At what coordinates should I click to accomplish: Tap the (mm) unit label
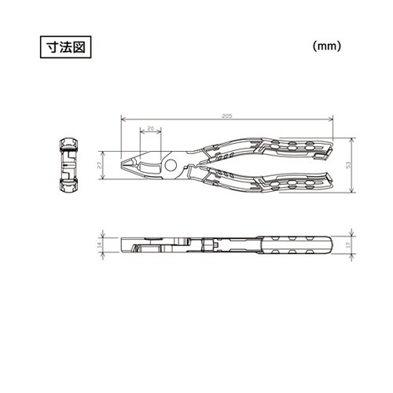pos(325,46)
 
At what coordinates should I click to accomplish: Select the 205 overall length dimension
pos(226,115)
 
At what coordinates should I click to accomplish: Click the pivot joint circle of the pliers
pos(169,164)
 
